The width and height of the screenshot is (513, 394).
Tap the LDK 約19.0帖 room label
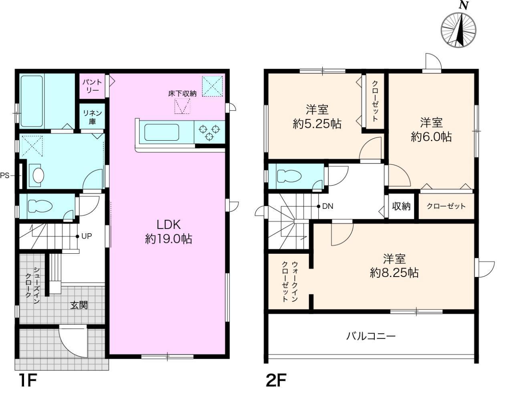tap(168, 232)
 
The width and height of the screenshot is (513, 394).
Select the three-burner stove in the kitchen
tap(209, 132)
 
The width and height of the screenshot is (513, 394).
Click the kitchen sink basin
tap(162, 132)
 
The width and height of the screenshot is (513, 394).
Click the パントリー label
tap(92, 86)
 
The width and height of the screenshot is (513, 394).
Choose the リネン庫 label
tap(92, 117)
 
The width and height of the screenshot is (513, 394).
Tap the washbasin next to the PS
tap(38, 175)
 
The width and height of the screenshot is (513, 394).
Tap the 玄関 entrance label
tap(79, 305)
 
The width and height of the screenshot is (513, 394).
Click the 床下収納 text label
tap(182, 94)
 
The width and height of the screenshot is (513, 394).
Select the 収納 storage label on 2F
tap(401, 206)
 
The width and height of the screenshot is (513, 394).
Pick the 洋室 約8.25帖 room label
tap(394, 265)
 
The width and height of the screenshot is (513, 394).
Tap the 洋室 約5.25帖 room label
tap(317, 117)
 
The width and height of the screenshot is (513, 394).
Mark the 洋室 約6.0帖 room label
tap(431, 129)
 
